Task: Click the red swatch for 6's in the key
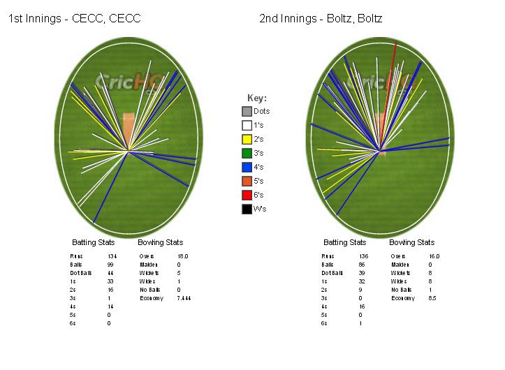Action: [247, 195]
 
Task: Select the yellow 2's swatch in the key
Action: [247, 139]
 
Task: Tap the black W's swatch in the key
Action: [247, 209]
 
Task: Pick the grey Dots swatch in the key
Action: [247, 111]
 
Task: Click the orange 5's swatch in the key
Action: [247, 181]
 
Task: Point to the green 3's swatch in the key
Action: [247, 153]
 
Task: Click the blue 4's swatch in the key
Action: [247, 167]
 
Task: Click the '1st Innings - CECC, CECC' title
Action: [75, 19]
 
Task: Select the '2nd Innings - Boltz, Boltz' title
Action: [321, 19]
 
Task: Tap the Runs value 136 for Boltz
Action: [363, 256]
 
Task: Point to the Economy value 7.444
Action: [185, 298]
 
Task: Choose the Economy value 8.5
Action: [432, 298]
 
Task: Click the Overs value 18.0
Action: [183, 256]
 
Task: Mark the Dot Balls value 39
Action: [362, 273]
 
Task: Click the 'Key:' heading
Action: [257, 98]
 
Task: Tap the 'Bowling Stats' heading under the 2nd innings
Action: [411, 243]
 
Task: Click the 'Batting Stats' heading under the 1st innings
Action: [94, 243]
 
